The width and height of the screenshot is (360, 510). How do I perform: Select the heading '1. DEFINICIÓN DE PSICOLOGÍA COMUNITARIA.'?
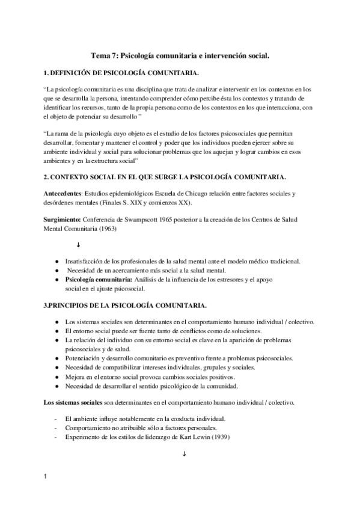[121, 73]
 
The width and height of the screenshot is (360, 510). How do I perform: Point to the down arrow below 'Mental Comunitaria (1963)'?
[78, 245]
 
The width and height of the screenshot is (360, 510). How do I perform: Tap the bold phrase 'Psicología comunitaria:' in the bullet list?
[99, 280]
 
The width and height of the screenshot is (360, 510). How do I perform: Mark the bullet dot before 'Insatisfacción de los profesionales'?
[56, 261]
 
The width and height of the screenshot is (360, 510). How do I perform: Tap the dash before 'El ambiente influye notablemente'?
[56, 418]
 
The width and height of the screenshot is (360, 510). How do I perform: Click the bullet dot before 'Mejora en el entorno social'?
[56, 376]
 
